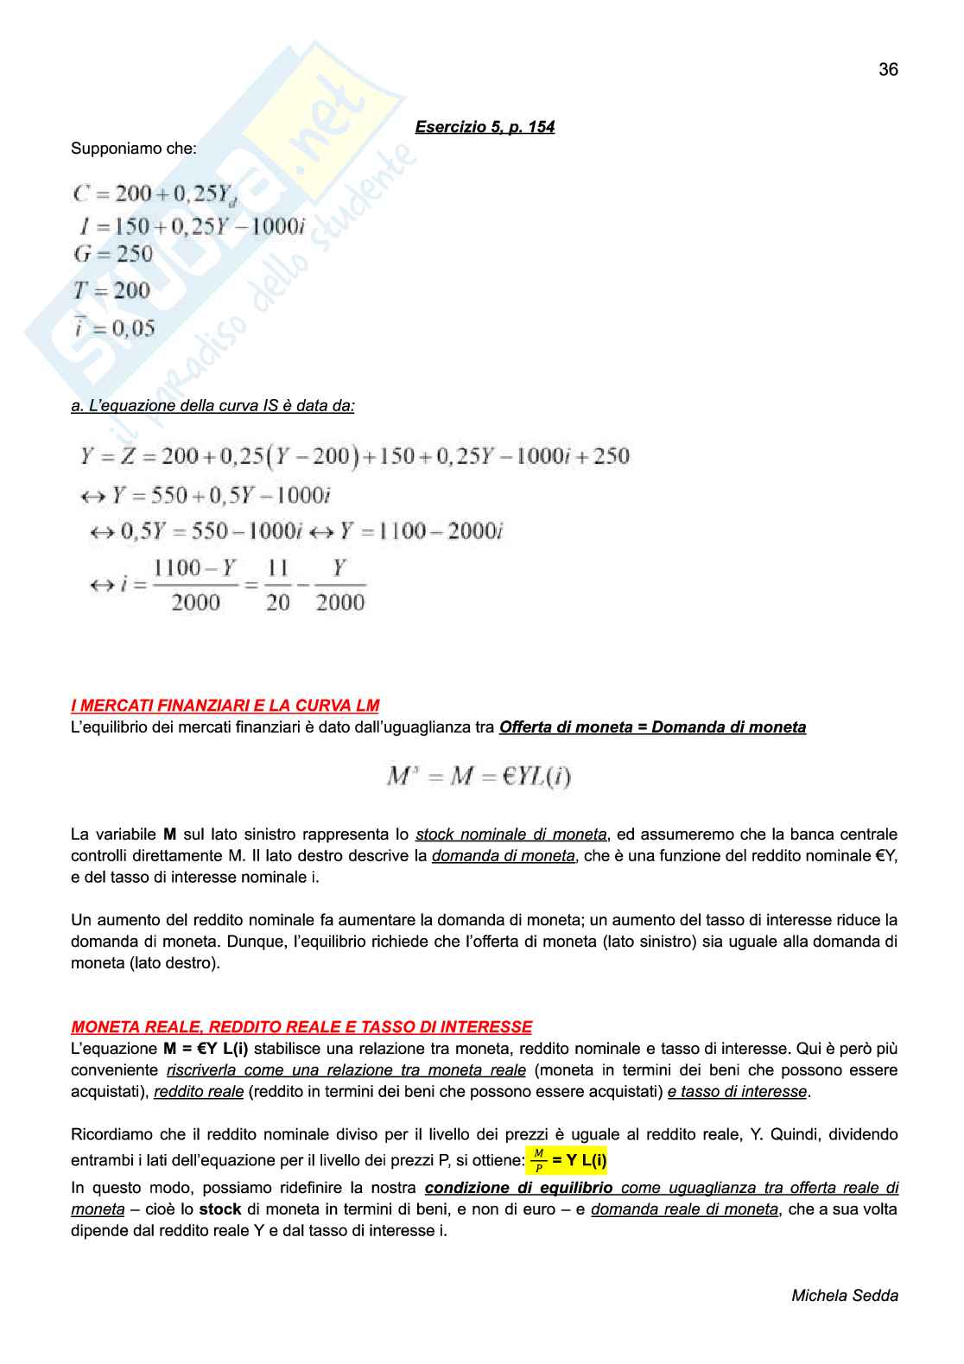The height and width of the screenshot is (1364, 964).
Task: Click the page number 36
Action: [888, 70]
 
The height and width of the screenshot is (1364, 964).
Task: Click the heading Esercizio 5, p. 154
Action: [485, 127]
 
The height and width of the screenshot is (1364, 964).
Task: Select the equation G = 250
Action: [113, 254]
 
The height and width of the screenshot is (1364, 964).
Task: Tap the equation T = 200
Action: [112, 291]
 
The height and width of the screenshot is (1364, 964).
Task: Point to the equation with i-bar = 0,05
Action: [114, 328]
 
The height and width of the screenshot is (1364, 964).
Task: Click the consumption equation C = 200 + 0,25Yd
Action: [154, 194]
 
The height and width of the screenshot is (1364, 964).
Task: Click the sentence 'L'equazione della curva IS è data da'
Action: [212, 405]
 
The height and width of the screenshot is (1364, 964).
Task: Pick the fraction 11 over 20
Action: [277, 585]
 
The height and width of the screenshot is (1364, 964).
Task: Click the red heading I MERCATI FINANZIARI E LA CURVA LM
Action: [225, 705]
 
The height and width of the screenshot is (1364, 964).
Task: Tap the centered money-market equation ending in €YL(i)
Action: [479, 777]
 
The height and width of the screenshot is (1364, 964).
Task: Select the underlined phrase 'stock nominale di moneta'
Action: [511, 834]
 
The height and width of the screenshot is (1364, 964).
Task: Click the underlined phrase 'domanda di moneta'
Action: [503, 856]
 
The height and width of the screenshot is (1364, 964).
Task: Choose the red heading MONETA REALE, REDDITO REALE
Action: [301, 1027]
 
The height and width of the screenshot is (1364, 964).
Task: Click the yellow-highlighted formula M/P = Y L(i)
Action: [567, 1160]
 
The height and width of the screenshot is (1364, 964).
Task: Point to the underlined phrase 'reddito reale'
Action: [199, 1092]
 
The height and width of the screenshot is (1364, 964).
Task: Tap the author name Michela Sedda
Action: [844, 1295]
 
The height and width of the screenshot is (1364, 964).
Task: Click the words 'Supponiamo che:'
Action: [134, 149]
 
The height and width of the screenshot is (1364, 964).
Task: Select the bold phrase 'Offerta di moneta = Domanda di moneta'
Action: [652, 727]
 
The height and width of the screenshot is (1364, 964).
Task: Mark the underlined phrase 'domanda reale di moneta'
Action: [684, 1209]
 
